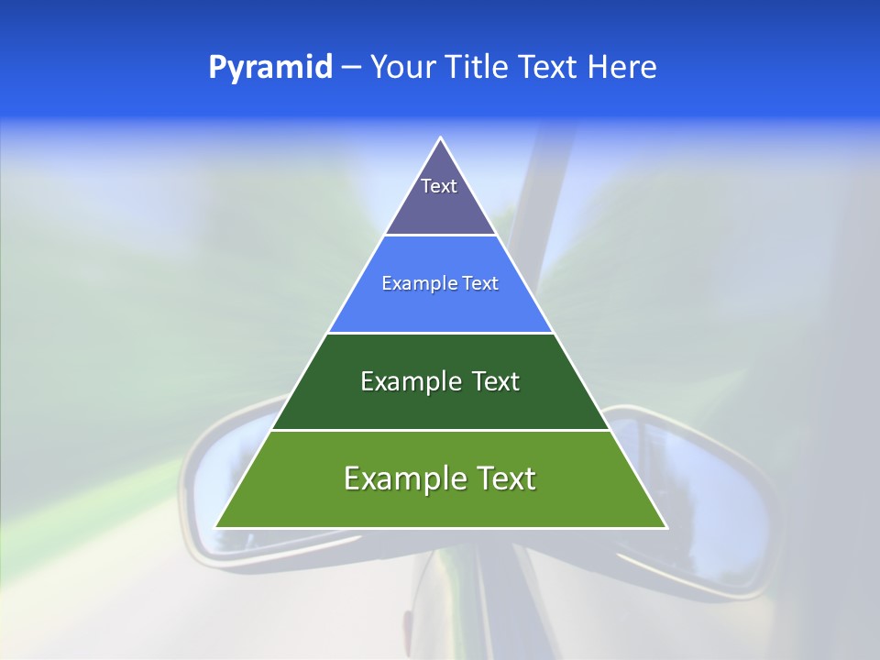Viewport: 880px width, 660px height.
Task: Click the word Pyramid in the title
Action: click(270, 68)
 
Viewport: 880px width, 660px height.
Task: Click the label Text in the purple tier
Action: click(439, 186)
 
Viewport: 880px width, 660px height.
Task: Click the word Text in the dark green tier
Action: click(493, 381)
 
